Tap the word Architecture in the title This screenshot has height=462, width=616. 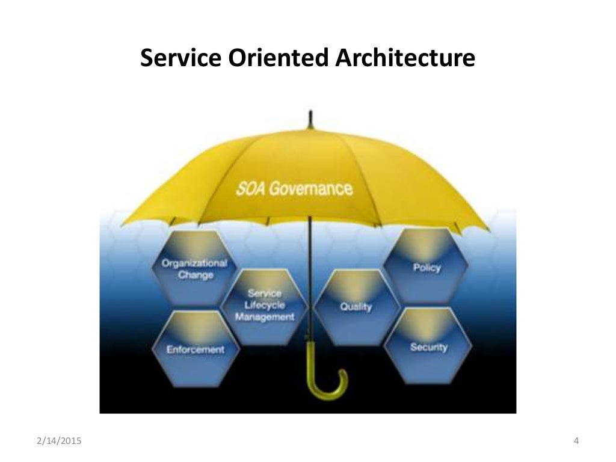(x=404, y=58)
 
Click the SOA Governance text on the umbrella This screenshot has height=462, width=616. (x=294, y=189)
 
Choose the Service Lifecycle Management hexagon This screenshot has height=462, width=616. (x=265, y=306)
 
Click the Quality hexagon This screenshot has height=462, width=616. (x=356, y=307)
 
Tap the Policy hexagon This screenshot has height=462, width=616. (x=427, y=266)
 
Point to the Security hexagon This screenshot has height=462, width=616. (x=428, y=347)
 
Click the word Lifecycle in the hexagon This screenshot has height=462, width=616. (x=265, y=305)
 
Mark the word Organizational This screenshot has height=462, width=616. (x=194, y=263)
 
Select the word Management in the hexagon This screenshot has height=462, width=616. (x=265, y=316)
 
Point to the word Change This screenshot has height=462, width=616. (x=196, y=276)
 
